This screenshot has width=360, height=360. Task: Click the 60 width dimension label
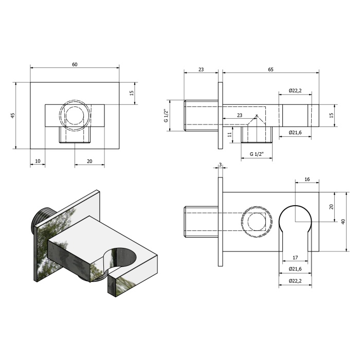[x=75, y=64]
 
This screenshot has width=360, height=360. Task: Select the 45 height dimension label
[x=13, y=116]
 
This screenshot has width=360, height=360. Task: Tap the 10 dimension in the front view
[x=38, y=161]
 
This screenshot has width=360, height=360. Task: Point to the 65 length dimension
[x=271, y=69]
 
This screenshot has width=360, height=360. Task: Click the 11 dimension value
[x=230, y=135]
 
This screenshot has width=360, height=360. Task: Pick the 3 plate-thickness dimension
[x=221, y=165]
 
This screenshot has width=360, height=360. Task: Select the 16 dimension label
[x=307, y=179]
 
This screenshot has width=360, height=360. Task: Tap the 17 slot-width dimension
[x=295, y=258]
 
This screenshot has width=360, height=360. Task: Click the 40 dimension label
[x=343, y=222]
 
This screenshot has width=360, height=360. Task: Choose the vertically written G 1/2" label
[x=166, y=116]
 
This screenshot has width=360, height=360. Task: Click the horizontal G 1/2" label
[x=257, y=154]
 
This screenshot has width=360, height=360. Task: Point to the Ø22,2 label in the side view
[x=295, y=91]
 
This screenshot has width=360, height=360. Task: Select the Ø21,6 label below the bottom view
[x=295, y=268]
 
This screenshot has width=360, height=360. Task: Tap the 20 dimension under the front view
[x=89, y=161]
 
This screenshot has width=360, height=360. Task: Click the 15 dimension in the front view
[x=132, y=93]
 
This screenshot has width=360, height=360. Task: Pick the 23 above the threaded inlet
[x=201, y=69]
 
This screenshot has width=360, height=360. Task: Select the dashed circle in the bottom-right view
[x=257, y=222]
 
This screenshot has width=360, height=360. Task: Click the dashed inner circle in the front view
[x=74, y=116]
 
